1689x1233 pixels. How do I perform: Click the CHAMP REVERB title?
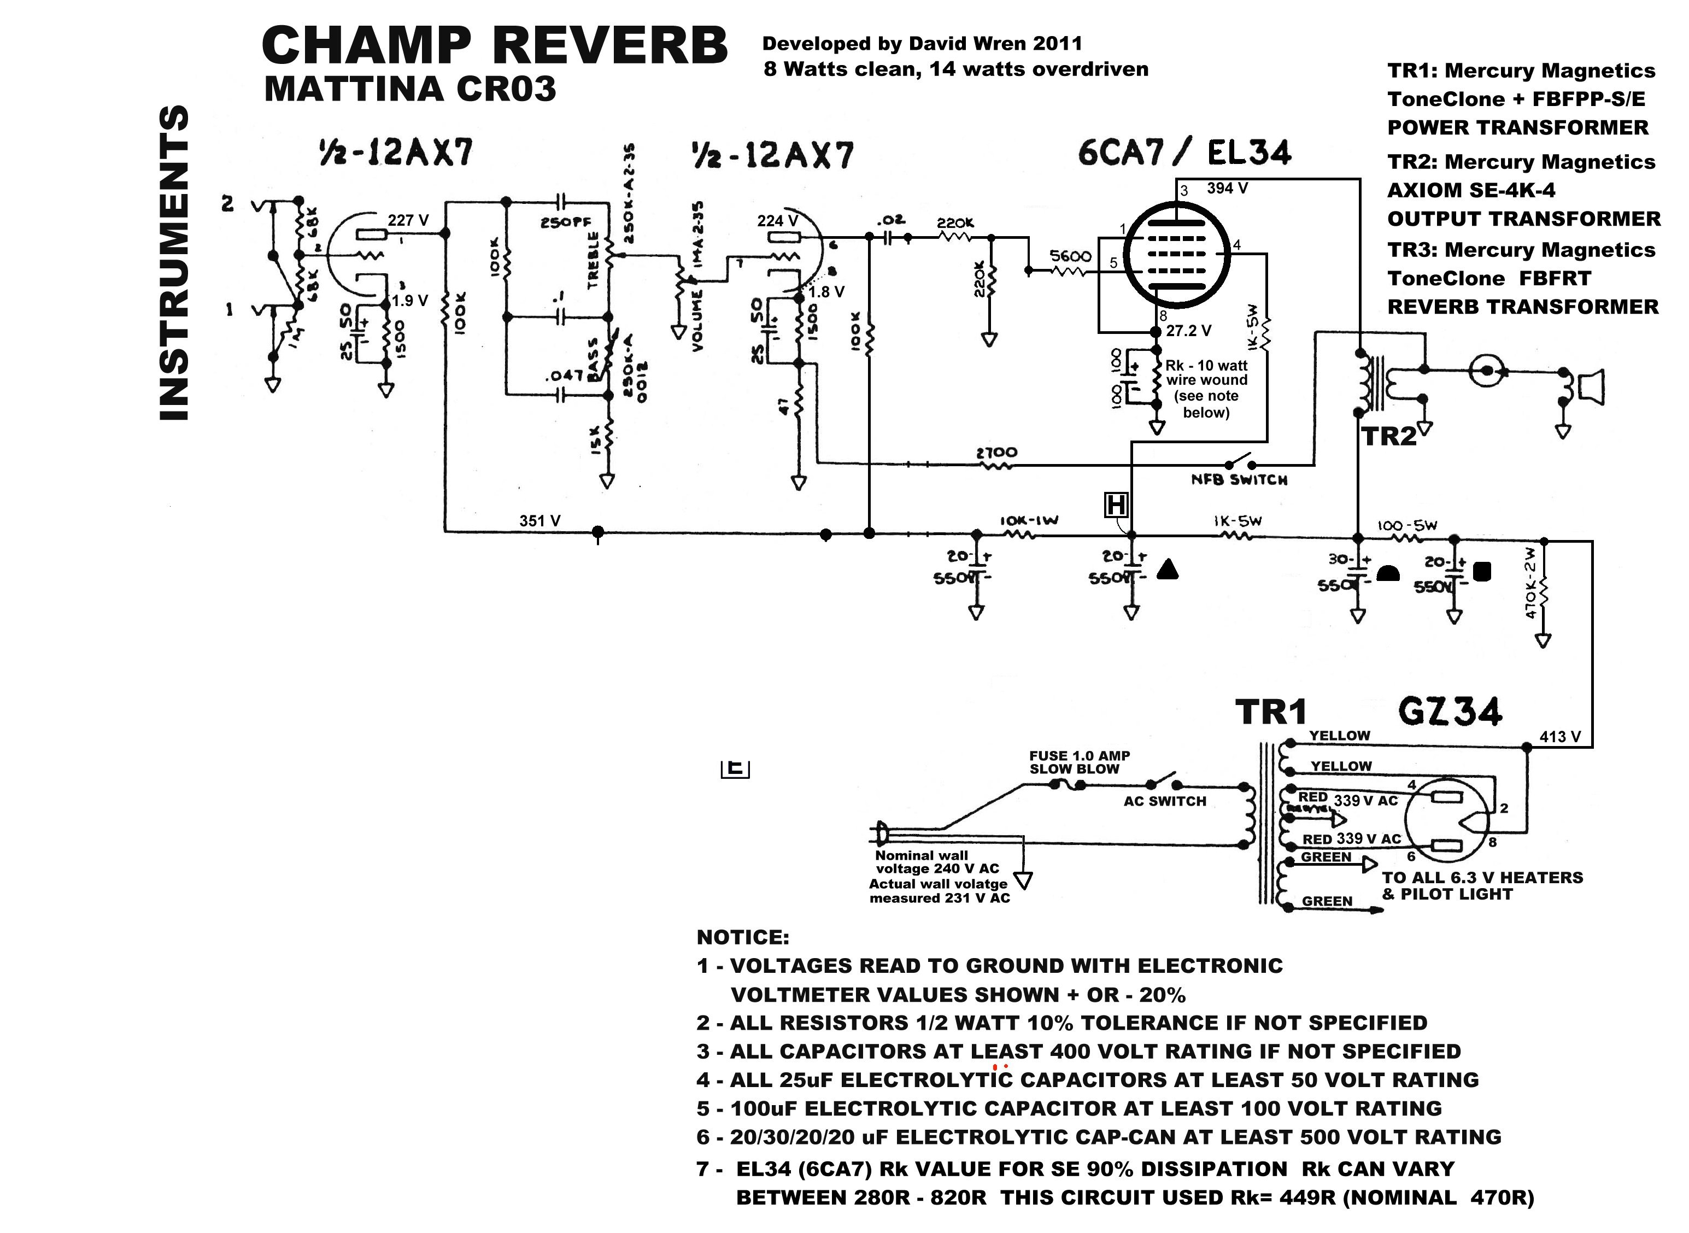[494, 46]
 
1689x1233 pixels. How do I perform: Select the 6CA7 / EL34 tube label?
[1184, 153]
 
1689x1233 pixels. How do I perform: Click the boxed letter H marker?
[1116, 506]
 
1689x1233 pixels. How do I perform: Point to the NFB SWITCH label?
[1239, 480]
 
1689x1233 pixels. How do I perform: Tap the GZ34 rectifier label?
[1450, 711]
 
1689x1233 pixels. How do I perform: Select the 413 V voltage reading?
[1560, 737]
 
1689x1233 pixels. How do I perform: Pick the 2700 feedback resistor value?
[996, 453]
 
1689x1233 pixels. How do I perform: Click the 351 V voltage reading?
[539, 521]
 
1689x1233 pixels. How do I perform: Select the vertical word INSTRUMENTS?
[174, 263]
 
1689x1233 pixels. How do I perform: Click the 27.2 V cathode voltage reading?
[1189, 331]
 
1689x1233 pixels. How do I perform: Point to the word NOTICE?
[743, 937]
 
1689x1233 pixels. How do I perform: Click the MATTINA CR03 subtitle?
[410, 90]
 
